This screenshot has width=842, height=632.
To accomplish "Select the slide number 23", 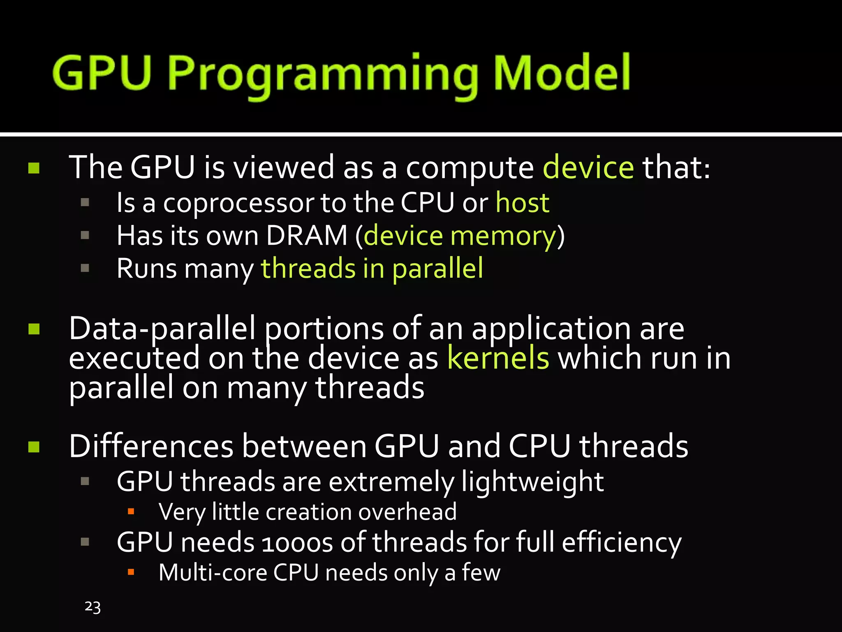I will (93, 607).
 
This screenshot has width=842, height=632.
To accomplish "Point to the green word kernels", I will (498, 358).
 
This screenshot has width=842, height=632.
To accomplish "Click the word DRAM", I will (307, 236).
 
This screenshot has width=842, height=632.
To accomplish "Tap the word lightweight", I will (532, 482).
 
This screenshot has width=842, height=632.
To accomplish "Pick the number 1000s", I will (297, 543).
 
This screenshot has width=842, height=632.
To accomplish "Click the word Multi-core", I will (213, 572).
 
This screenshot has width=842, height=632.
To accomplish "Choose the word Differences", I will (151, 446).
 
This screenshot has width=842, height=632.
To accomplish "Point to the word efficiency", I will (621, 543).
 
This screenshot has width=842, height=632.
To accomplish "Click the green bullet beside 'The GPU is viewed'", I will (34, 168).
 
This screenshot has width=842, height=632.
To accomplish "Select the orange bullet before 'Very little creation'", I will (131, 512).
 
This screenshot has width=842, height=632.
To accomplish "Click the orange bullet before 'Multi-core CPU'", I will (131, 572).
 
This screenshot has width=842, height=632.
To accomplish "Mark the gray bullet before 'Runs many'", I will (85, 268).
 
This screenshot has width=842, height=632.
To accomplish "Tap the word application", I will (551, 329).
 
